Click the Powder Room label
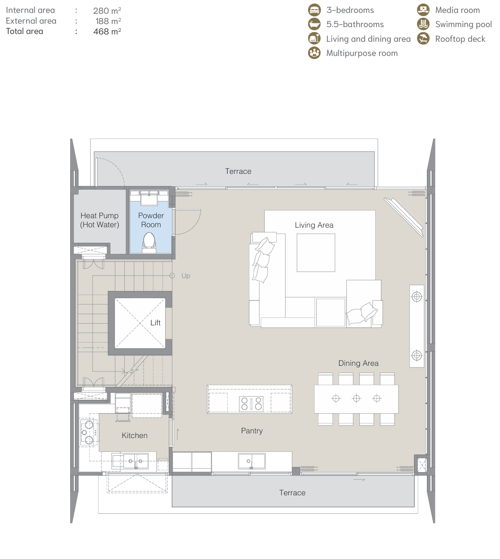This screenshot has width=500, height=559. [x=151, y=220]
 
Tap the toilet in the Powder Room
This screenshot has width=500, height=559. [x=149, y=243]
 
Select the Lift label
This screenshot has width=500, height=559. [x=155, y=323]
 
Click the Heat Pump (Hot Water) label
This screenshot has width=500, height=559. [x=99, y=220]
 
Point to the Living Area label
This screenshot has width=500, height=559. [x=314, y=225]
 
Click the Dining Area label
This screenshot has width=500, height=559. [x=358, y=363]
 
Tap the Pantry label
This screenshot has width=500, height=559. [x=252, y=431]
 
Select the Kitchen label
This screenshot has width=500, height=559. [x=135, y=435]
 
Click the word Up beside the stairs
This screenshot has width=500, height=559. [x=186, y=276]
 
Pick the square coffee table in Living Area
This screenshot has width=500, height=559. [x=316, y=253]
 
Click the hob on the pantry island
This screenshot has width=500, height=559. [x=251, y=404]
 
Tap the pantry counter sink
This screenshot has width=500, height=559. [x=252, y=461]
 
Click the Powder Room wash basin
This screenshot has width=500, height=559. [x=149, y=198]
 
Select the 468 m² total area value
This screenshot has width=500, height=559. [x=107, y=31]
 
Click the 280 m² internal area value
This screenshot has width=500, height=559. [x=107, y=10]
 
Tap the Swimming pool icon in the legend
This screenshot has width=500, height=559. [x=423, y=24]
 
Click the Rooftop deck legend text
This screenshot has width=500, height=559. [x=460, y=39]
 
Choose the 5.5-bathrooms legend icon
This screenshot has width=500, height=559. [x=314, y=24]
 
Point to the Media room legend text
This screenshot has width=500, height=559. [x=457, y=10]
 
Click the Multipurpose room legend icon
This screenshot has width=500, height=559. [x=314, y=53]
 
